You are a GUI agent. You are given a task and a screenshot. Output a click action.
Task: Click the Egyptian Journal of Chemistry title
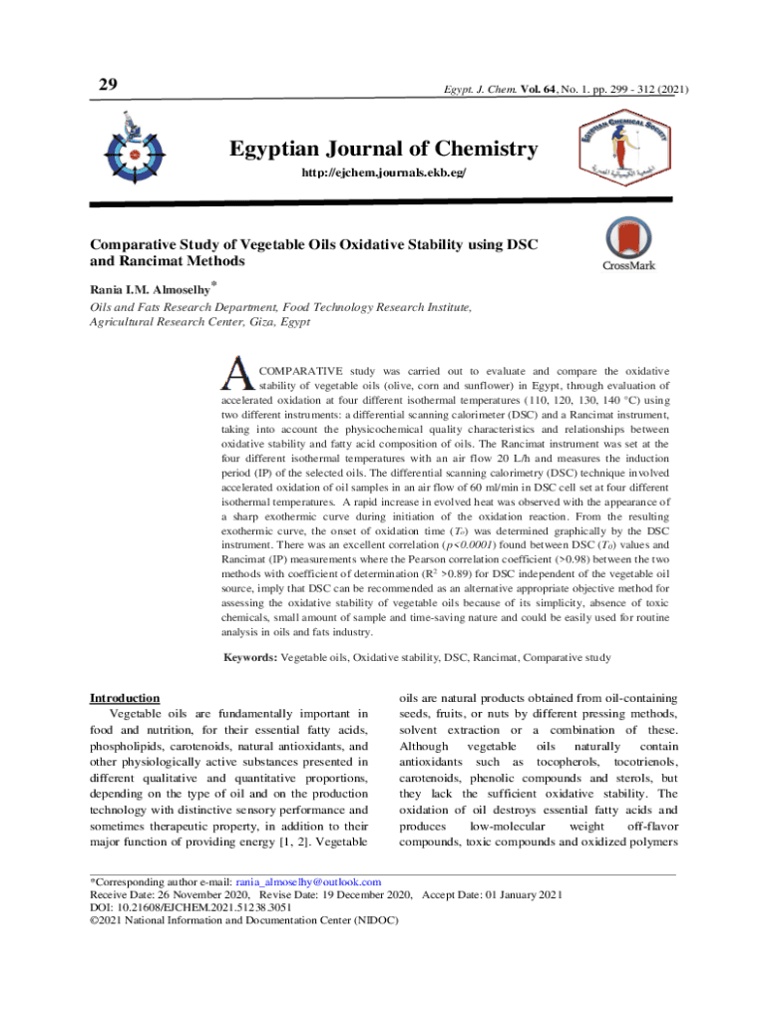tap(383, 150)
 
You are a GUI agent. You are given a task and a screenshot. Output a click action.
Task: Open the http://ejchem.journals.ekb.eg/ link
tap(383, 173)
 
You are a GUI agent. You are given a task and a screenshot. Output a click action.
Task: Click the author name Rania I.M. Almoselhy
tap(150, 290)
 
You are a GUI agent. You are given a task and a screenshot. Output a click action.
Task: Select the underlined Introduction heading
tap(125, 698)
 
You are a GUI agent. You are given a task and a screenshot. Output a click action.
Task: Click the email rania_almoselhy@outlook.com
tap(307, 883)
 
